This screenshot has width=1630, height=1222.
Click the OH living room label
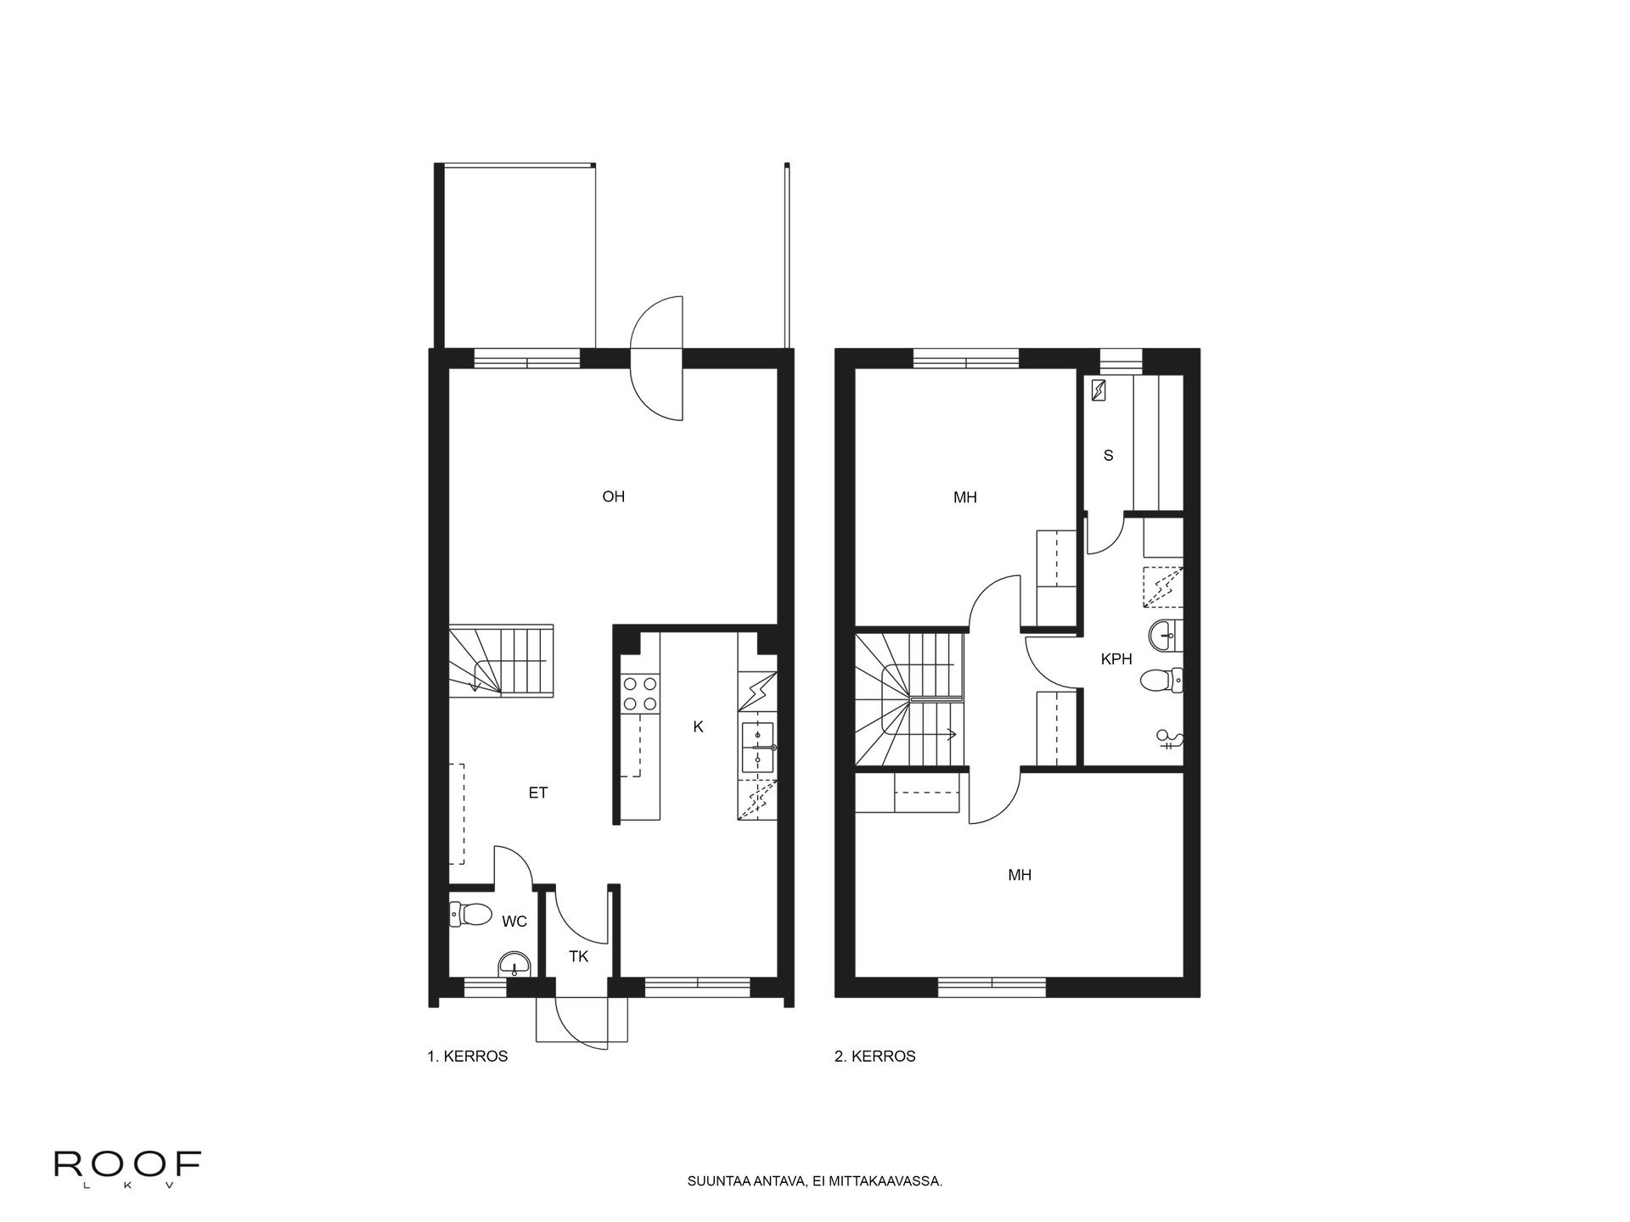613,496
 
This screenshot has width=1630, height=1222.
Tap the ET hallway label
538,793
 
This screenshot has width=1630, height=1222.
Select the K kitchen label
698,726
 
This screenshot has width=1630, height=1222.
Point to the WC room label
514,922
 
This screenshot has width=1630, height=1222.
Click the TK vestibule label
578,956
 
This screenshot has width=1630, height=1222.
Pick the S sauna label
1108,456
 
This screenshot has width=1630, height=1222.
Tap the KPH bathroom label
1116,659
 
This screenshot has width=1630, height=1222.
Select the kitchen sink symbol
757,747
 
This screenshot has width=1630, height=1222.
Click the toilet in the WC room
470,914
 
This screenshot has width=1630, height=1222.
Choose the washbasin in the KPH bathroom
1166,632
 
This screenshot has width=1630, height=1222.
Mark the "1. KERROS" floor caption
467,1057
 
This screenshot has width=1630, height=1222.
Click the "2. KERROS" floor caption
875,1057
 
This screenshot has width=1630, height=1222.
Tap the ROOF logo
127,1169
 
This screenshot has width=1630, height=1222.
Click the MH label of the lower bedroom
1020,875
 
